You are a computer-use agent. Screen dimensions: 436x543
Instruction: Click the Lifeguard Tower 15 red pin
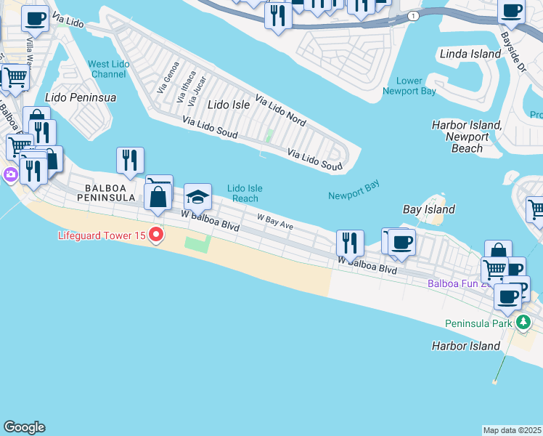click(157, 235)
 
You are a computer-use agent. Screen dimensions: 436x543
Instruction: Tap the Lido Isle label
click(229, 105)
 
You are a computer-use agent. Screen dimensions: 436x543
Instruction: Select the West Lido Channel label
click(109, 69)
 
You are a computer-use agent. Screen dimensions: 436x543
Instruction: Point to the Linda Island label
click(470, 54)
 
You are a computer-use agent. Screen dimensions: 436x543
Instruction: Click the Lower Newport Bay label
click(409, 86)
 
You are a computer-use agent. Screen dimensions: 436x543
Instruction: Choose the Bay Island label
click(429, 209)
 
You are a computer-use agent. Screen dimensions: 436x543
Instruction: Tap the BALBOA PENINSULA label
click(106, 192)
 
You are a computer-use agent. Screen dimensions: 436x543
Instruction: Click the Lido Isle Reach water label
click(245, 193)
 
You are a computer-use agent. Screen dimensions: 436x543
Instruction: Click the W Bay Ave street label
click(274, 222)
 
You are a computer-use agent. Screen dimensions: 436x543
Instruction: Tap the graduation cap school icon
click(197, 196)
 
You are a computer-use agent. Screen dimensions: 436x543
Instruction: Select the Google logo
click(24, 427)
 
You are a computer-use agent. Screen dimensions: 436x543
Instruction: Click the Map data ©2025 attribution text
click(513, 430)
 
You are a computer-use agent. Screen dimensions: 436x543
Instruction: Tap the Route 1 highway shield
click(413, 15)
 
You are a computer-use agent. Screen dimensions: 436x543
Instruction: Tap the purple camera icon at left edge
click(10, 174)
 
